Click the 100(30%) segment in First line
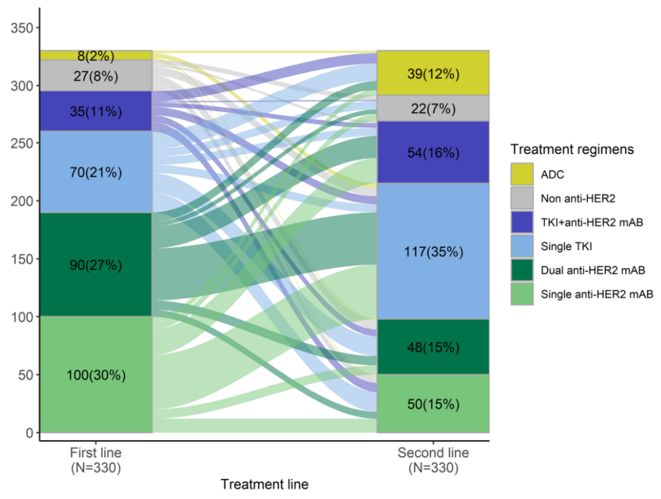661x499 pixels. point(96,375)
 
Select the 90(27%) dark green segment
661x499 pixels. point(96,264)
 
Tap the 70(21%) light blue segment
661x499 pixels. point(96,172)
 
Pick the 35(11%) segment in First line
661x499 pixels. point(96,111)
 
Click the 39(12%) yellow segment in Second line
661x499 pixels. point(433,74)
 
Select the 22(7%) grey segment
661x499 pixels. point(433,108)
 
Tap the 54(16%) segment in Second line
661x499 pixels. point(433,152)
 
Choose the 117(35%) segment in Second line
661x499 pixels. point(433,251)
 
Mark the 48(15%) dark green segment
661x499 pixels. point(433,347)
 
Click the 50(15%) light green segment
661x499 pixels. point(433,404)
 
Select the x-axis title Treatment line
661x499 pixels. point(264,484)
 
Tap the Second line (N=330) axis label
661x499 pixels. point(433,460)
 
